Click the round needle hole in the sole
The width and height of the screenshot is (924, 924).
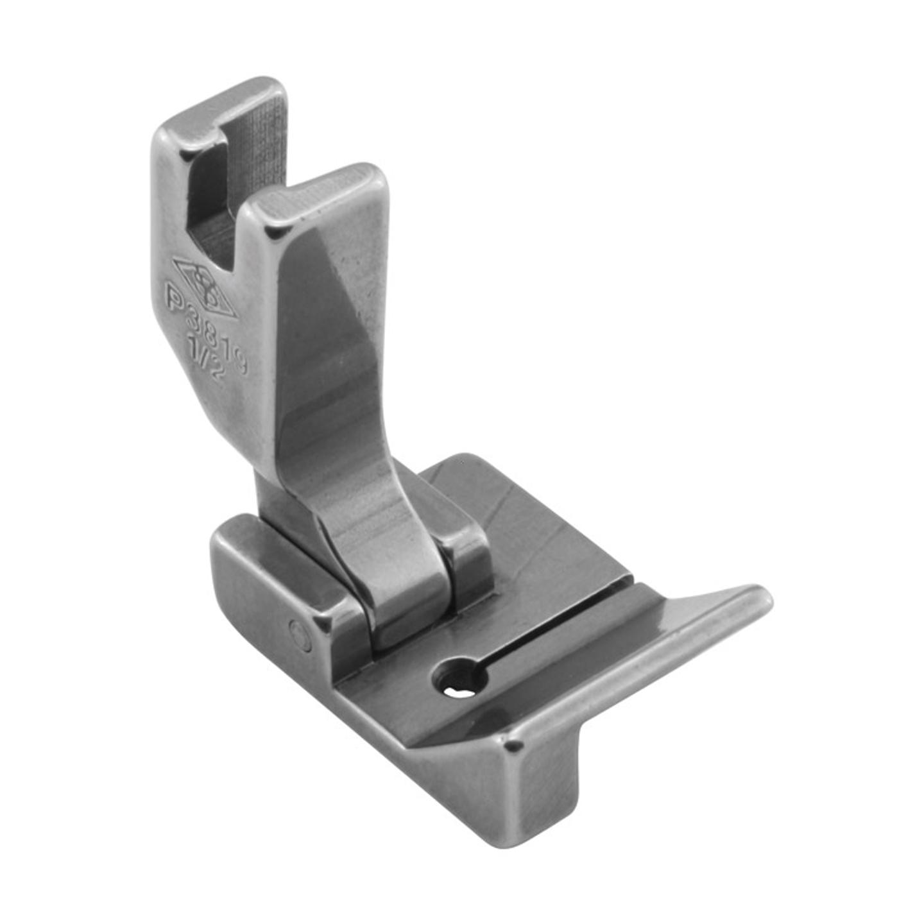(458, 678)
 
